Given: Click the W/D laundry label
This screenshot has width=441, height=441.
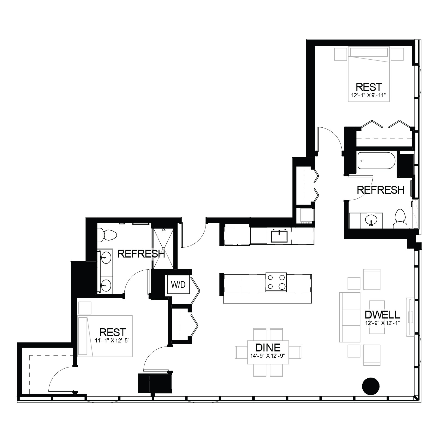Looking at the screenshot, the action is point(178,285).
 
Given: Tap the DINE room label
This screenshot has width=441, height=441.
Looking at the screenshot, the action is point(268,348).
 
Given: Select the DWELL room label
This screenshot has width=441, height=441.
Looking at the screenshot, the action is point(382,315).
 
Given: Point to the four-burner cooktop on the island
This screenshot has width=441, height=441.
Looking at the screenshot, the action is point(276,282).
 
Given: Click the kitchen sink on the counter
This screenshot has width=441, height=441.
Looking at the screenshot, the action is point(279,235).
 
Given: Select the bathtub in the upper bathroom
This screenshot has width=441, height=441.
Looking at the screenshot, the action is point(376,161).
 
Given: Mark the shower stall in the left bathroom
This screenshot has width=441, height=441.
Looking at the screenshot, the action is point(163,248).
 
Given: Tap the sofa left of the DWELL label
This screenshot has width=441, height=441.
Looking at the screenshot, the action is point(350,317).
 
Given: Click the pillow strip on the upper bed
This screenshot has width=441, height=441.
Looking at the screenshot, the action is point(369,52).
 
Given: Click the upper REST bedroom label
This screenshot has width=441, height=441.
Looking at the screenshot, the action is point(369,87).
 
